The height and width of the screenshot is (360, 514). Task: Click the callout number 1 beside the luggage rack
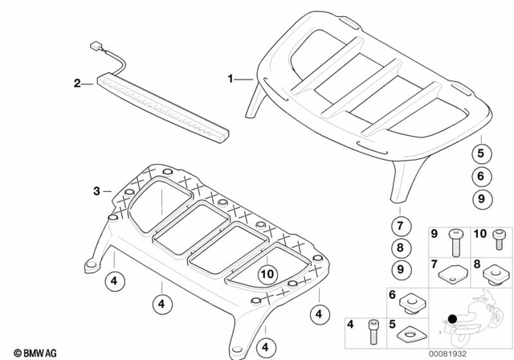pyautogui.click(x=231, y=79)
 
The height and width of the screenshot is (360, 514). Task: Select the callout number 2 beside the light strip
pyautogui.click(x=78, y=83)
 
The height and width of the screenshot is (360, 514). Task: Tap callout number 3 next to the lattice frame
pyautogui.click(x=97, y=191)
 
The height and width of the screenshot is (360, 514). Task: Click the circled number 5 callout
pyautogui.click(x=479, y=153)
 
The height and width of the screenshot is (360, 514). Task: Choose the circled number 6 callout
pyautogui.click(x=479, y=176)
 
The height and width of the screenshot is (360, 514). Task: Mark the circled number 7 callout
pyautogui.click(x=399, y=226)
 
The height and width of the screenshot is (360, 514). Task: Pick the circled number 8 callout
pyautogui.click(x=399, y=248)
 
